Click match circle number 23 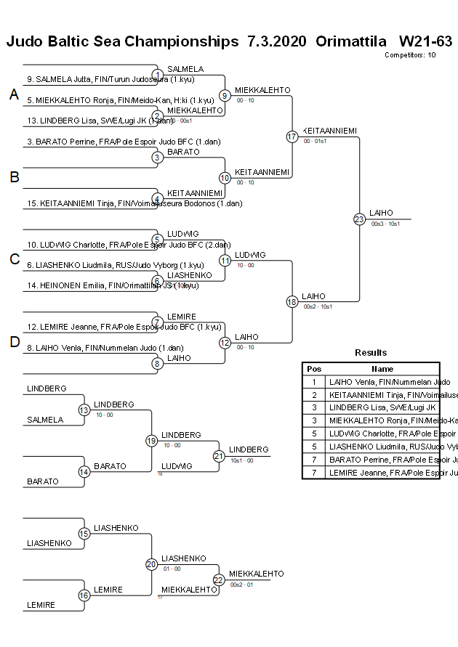(x=359, y=219)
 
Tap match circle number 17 (x=292, y=137)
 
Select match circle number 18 (x=292, y=301)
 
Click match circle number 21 (x=219, y=456)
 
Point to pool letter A (x=14, y=94)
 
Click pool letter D (x=14, y=343)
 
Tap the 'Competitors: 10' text (x=410, y=54)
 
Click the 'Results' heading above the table (x=371, y=353)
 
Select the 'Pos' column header (x=314, y=369)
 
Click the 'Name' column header (x=382, y=369)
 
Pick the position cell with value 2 (x=314, y=395)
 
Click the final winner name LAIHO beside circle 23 (x=381, y=213)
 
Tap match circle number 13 (x=84, y=410)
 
